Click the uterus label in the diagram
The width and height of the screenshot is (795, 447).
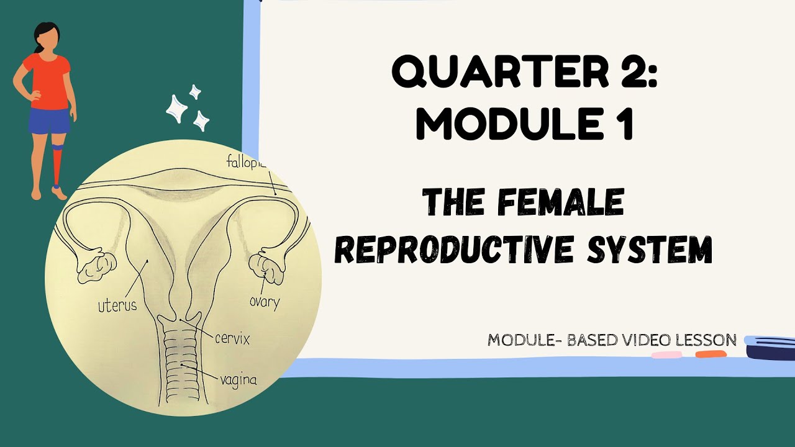[x=117, y=306]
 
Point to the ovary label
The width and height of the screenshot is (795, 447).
[x=265, y=302]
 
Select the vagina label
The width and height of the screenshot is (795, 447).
[x=238, y=379]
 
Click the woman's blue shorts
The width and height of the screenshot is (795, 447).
[x=48, y=121]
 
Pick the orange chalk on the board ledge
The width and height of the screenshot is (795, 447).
[x=711, y=354]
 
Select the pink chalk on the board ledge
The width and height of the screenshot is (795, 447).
[x=666, y=355]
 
